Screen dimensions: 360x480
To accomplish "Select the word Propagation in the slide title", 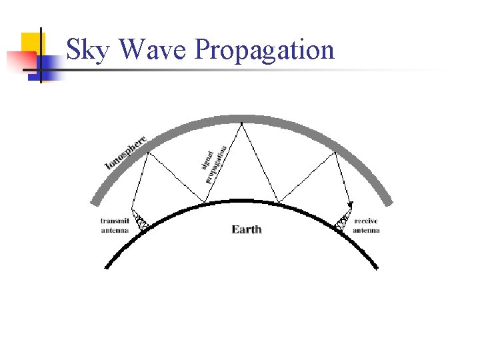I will pyautogui.click(x=264, y=51).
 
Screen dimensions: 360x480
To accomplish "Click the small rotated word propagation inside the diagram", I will pyautogui.click(x=217, y=164).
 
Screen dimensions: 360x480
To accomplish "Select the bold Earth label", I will pyautogui.click(x=247, y=229).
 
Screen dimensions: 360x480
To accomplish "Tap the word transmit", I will pyautogui.click(x=115, y=221).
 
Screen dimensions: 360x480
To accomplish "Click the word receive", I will pyautogui.click(x=367, y=221).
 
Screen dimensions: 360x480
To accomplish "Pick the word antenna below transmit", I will pyautogui.click(x=115, y=230).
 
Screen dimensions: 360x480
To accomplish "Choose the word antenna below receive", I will pyautogui.click(x=367, y=230).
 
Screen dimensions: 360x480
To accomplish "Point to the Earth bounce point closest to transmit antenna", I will pyautogui.click(x=206, y=202).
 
